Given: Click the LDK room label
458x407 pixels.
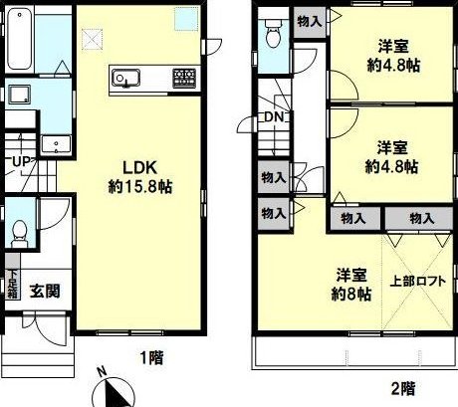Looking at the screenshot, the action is pos(139,168).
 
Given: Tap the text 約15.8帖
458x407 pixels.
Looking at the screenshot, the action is pos(140,187).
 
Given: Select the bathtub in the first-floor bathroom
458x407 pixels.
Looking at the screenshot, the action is pos(20,40).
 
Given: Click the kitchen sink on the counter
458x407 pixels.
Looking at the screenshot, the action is pos(125,78).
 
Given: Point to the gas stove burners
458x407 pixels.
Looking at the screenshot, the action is pos(184,78).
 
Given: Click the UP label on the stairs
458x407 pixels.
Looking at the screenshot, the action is pos(22,162).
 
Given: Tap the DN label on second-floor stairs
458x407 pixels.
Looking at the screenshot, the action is pos(274,116).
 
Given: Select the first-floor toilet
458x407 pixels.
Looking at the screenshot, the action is pos(20,233).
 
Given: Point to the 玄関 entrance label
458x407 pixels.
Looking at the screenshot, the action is pos(45,291).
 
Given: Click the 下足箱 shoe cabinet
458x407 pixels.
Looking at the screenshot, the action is pos(13,284).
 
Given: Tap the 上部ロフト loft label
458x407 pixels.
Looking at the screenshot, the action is pos(417,282).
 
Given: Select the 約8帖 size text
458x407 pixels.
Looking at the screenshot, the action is pos(351,294).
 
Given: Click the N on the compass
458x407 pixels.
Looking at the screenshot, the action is pos(102,371).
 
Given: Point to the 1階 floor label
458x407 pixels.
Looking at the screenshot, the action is pos(151,358).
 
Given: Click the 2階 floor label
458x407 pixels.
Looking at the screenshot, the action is pos(403,388).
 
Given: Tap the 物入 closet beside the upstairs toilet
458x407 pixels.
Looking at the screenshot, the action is pos(310,22).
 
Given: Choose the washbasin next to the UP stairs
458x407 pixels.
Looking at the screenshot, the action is pos(56,145).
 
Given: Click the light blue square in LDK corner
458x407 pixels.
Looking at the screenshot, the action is pos(186,18).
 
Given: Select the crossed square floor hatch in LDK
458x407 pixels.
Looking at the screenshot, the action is pos(92,40).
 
